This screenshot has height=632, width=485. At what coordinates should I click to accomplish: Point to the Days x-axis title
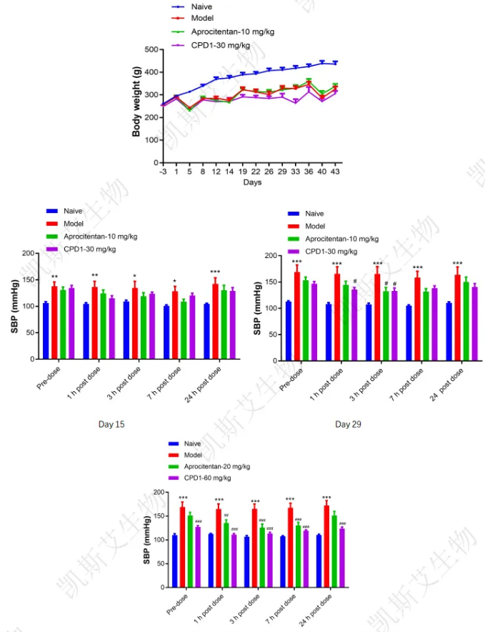pyautogui.click(x=251, y=182)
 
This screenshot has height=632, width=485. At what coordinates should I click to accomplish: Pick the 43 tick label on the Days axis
pyautogui.click(x=334, y=172)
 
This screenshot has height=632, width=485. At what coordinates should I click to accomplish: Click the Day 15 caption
pyautogui.click(x=111, y=424)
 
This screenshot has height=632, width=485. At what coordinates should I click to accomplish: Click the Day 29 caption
pyautogui.click(x=348, y=424)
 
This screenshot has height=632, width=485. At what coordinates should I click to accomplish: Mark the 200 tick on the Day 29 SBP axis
pyautogui.click(x=271, y=255)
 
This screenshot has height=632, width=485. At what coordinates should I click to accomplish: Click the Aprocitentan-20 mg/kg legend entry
pyautogui.click(x=217, y=466)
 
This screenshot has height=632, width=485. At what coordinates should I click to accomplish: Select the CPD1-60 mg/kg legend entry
pyautogui.click(x=207, y=478)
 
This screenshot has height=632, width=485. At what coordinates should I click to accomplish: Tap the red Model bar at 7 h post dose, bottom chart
pyautogui.click(x=291, y=547)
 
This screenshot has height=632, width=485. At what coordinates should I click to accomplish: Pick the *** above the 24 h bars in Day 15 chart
pyautogui.click(x=214, y=272)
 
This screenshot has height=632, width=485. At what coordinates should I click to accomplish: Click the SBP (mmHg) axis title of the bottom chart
pyautogui.click(x=146, y=540)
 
